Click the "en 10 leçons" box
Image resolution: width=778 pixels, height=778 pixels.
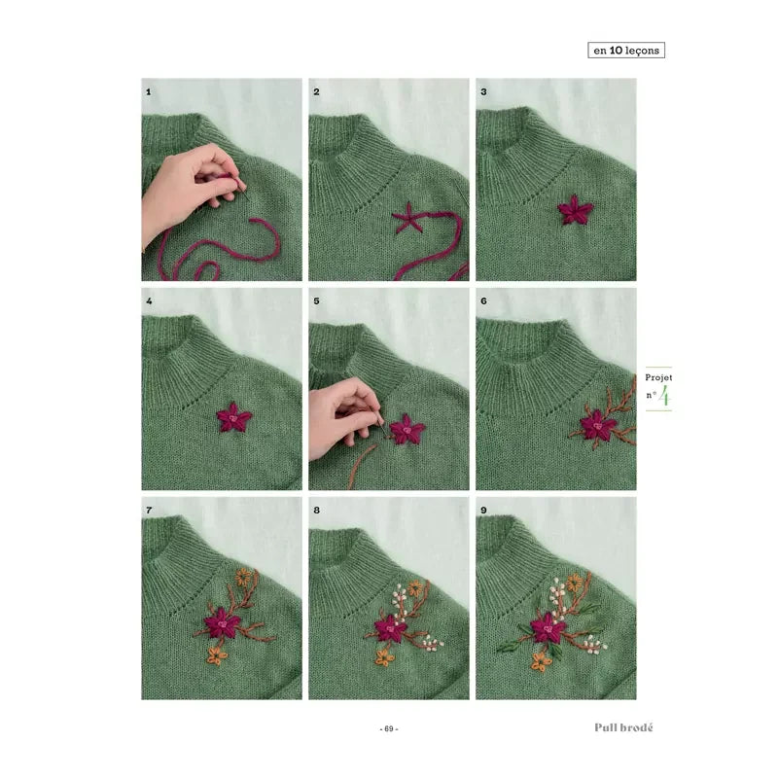click(626, 51)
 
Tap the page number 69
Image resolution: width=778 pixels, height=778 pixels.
click(389, 728)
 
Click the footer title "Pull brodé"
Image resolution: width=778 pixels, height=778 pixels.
click(623, 727)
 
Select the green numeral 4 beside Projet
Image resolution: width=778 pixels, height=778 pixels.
click(664, 398)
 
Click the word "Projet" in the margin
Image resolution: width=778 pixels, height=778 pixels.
click(658, 377)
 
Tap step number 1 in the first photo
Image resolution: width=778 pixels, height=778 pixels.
click(149, 91)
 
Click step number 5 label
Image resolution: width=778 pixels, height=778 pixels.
click(316, 301)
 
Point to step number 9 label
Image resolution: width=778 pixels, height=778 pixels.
click(483, 510)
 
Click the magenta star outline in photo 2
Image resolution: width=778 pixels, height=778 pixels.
click(407, 218)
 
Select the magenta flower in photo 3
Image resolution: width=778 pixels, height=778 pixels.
click(575, 209)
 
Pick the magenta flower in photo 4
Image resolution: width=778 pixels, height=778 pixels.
click(234, 417)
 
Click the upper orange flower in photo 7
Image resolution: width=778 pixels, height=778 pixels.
click(244, 577)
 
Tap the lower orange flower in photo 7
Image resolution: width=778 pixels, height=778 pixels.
click(216, 655)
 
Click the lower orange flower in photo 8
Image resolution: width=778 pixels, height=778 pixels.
click(384, 657)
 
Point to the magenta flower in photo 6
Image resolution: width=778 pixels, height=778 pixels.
click(598, 425)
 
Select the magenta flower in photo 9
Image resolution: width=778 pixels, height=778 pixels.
click(548, 627)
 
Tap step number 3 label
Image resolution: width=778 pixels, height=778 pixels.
click(483, 91)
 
